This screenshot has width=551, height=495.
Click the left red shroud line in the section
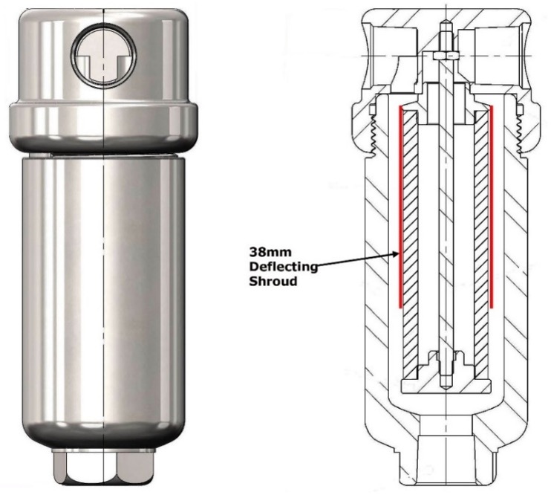401,208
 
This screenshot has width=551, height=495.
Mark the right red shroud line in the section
492,208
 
